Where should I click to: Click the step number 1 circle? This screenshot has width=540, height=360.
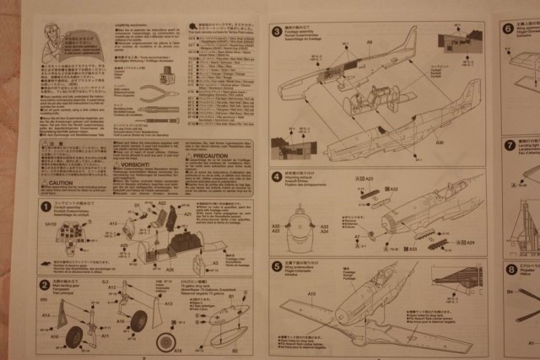click(x=45, y=206)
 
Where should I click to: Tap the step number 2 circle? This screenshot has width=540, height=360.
click(x=44, y=285)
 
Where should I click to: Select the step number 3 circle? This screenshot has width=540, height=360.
click(x=277, y=32)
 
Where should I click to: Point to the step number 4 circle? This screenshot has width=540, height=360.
click(x=277, y=176)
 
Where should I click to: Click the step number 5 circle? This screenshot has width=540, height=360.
click(x=277, y=266)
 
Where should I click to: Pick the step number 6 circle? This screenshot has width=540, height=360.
click(x=509, y=28)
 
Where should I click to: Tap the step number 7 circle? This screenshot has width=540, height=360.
click(x=510, y=145)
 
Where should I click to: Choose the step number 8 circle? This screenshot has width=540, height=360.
click(x=511, y=270)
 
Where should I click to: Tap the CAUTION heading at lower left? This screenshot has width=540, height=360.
click(x=65, y=183)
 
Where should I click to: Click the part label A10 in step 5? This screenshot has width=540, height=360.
click(x=310, y=293)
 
